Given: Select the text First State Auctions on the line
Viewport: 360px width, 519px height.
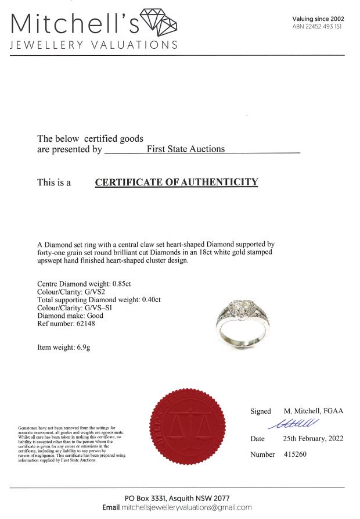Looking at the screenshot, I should click(x=185, y=149).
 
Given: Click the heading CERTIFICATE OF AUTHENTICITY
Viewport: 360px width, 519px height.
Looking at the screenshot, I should click(x=177, y=182).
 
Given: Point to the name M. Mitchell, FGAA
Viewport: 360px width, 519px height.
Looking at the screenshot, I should click(x=314, y=411).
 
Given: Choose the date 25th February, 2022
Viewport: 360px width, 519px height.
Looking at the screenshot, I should click(x=313, y=439).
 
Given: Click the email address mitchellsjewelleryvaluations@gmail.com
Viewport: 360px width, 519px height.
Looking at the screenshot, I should click(x=187, y=507).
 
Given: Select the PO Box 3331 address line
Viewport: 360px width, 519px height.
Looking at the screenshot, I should click(x=177, y=499).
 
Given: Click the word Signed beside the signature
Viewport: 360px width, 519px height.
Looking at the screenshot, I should click(x=261, y=411).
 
